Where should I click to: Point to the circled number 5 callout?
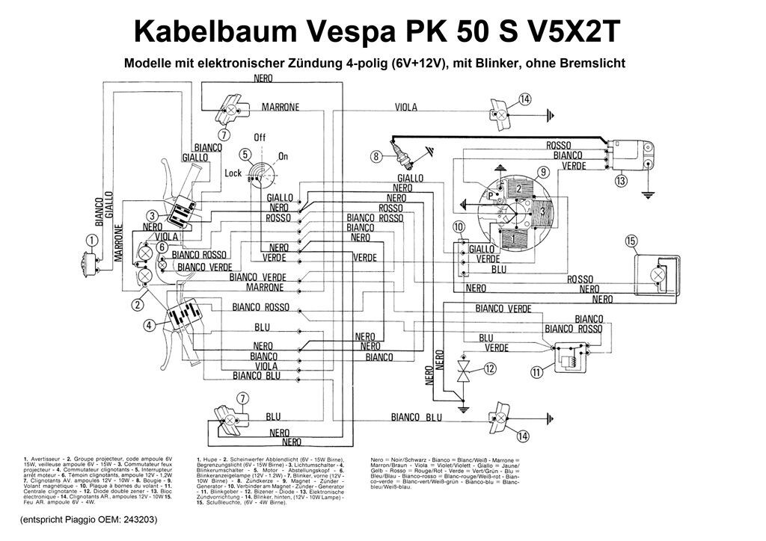(x=244, y=155)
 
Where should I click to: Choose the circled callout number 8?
(x=376, y=155)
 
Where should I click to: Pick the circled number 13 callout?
(x=621, y=180)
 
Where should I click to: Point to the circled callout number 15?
(x=631, y=241)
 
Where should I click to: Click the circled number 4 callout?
(x=150, y=326)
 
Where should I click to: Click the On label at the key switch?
(x=283, y=156)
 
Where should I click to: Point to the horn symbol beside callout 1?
(x=84, y=260)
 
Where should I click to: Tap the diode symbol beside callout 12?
(x=464, y=368)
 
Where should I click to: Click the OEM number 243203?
(x=138, y=519)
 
